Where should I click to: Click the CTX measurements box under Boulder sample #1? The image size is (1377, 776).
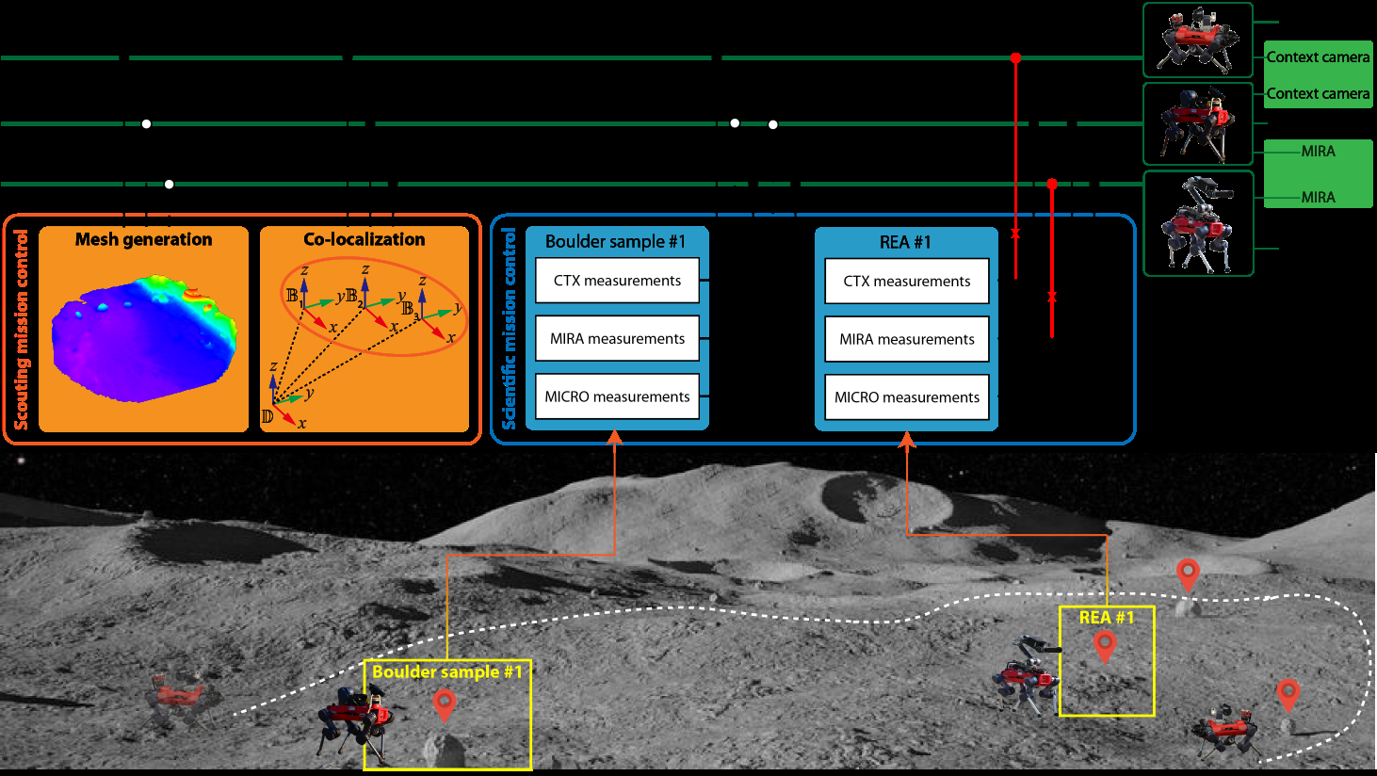point(617,281)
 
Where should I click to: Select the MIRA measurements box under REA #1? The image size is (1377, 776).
point(907,339)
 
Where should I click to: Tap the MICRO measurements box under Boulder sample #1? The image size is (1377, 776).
point(617,396)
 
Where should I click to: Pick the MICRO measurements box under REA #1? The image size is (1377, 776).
point(907,397)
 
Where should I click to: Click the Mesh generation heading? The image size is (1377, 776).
point(144,239)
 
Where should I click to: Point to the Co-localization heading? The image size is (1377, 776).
point(364,239)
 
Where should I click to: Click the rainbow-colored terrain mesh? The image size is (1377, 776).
point(144,338)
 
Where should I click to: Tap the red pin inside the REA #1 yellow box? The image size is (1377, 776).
point(1105,648)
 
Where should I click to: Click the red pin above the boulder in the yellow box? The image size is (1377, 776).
point(444,704)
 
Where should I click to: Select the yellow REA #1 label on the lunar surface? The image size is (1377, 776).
point(1107,618)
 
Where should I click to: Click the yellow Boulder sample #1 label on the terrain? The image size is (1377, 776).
point(446,671)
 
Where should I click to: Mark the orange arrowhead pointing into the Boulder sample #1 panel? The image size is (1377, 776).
point(614,437)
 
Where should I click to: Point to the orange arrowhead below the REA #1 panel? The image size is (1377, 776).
point(907,439)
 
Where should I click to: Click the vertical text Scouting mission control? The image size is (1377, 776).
point(21,330)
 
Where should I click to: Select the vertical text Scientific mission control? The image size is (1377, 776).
point(509,329)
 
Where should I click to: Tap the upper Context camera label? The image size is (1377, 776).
point(1318,57)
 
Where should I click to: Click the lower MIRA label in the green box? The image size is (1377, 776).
point(1318,198)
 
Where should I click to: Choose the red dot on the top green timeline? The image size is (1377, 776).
point(1015,57)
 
